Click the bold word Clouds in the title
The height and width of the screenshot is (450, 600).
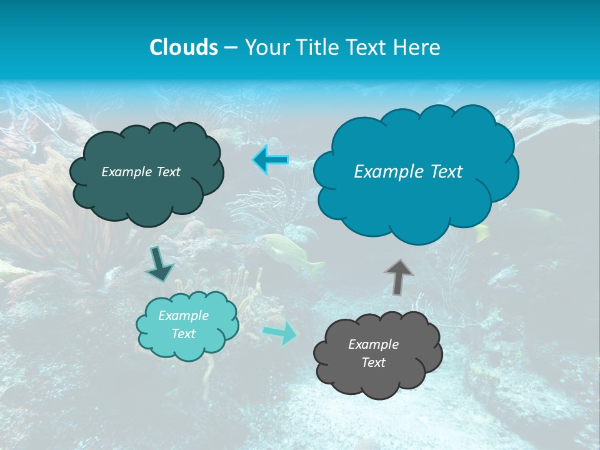(x=183, y=47)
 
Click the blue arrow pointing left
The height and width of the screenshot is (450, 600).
(x=271, y=160)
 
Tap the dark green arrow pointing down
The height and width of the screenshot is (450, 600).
(x=159, y=264)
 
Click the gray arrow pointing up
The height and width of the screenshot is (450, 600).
(x=399, y=277)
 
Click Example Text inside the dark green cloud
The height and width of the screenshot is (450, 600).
(x=141, y=172)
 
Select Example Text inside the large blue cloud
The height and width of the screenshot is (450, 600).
(x=408, y=172)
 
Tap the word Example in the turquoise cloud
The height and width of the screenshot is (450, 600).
(x=183, y=316)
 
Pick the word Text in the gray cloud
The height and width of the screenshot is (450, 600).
(x=373, y=362)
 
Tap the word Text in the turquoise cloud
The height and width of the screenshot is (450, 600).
(x=183, y=334)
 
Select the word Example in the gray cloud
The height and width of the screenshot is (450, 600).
(x=373, y=344)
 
